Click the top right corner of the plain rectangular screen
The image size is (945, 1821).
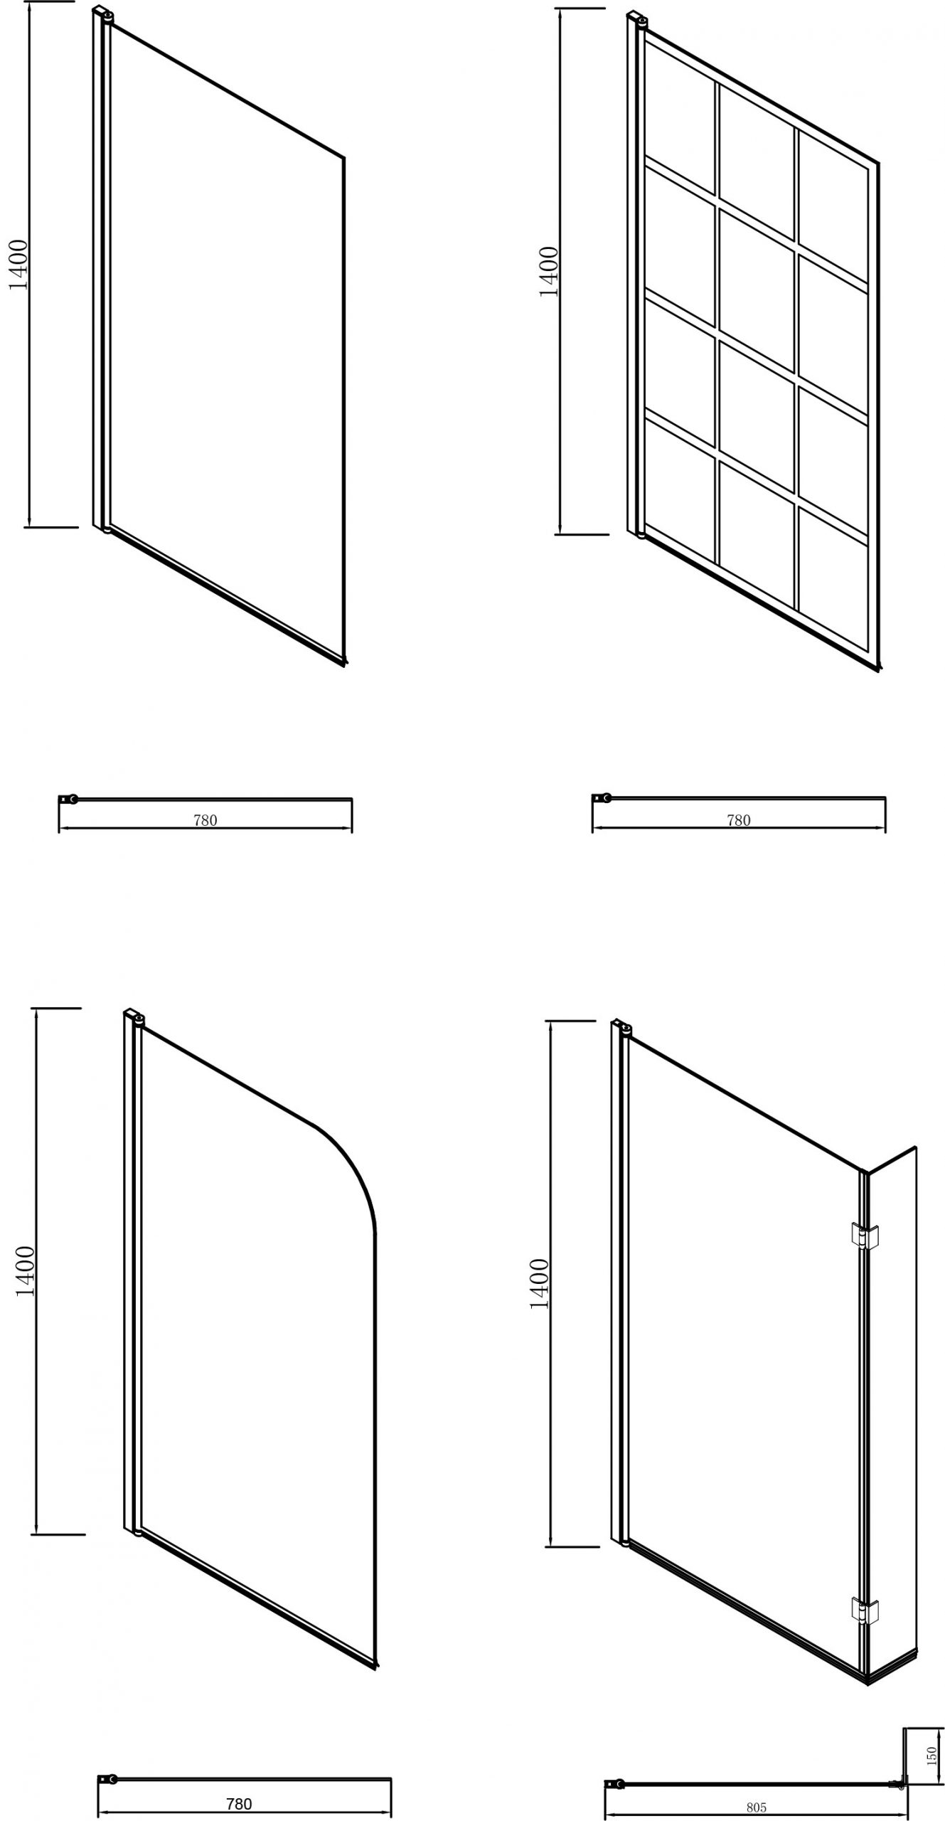point(345,157)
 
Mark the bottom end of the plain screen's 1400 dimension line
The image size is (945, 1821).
point(29,527)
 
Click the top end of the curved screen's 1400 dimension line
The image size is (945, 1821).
point(36,1008)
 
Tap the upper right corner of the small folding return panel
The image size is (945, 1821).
point(916,1147)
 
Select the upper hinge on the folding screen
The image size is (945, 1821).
point(865,1236)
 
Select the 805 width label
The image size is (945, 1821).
point(757,1807)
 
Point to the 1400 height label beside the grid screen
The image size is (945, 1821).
point(549,272)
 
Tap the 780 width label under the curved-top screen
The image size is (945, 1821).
point(239,1804)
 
